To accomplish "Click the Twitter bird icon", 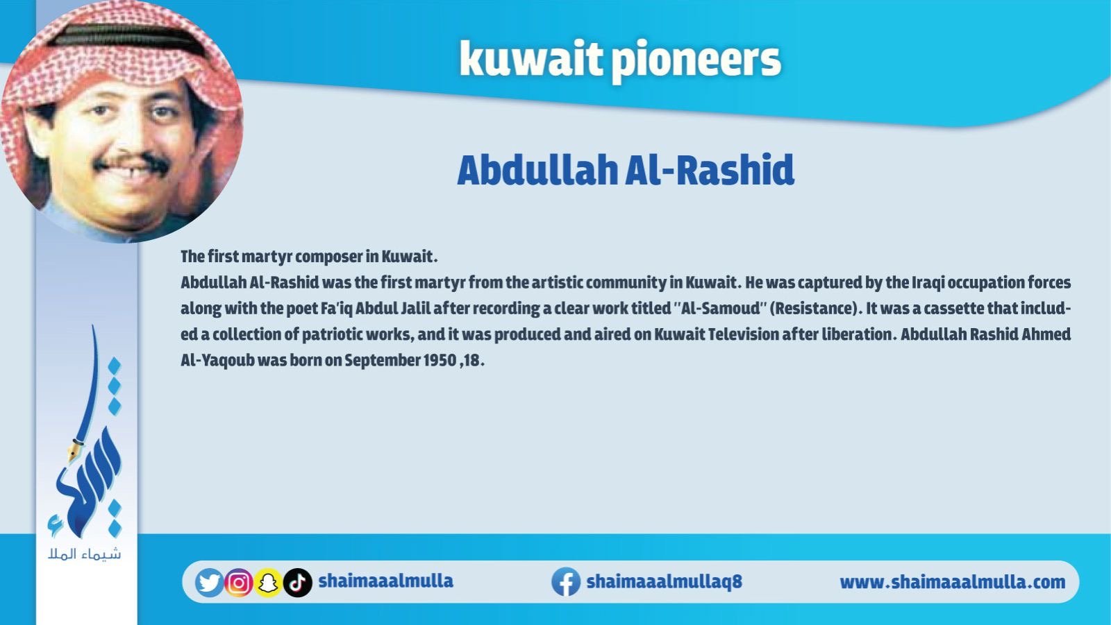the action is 209,583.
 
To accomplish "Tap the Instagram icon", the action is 239,583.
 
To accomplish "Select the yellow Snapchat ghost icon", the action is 268,583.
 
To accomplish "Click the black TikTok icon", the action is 298,583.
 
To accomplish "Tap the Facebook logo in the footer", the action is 566,582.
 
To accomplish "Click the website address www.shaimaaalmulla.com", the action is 952,582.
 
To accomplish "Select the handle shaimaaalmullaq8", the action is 664,581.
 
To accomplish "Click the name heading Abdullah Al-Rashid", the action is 626,170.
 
